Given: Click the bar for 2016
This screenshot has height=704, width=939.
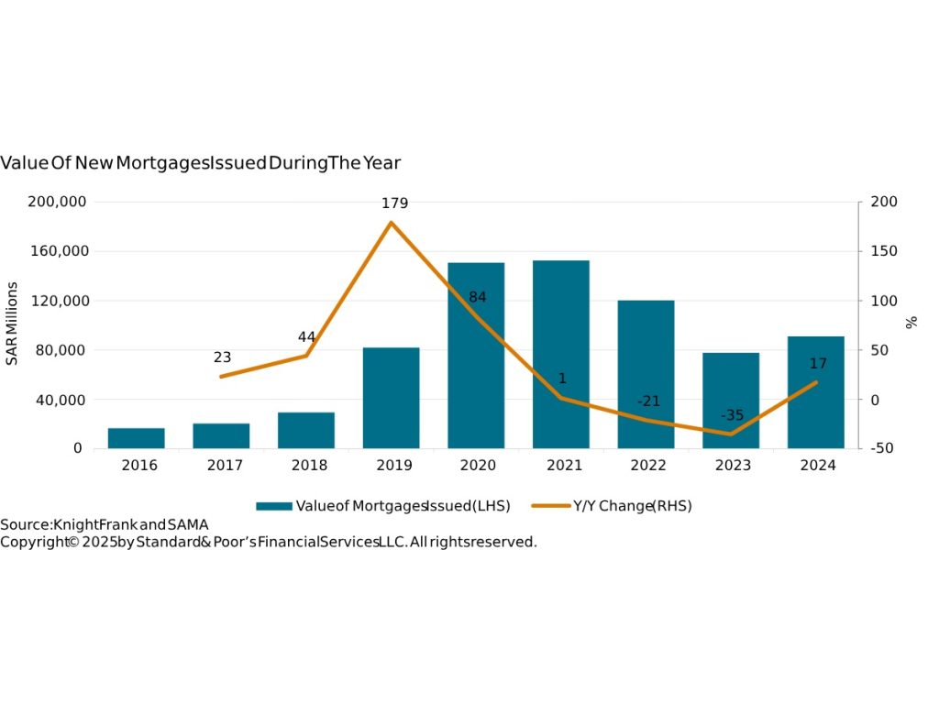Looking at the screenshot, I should click(x=136, y=438).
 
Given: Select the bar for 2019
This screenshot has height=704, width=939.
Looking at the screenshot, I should click(x=391, y=398).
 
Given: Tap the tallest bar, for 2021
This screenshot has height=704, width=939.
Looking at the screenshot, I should click(x=561, y=354).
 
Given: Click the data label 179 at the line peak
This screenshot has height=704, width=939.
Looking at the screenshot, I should click(x=395, y=203).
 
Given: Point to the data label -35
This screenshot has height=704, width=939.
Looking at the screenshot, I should click(x=732, y=415).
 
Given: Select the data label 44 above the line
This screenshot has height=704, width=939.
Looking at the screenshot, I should click(x=306, y=337).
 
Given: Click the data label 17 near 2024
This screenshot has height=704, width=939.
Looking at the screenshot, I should click(x=818, y=364).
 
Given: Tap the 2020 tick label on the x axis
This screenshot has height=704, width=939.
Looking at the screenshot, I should click(x=478, y=466).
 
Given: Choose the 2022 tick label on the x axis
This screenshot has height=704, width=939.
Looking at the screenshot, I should click(x=648, y=466).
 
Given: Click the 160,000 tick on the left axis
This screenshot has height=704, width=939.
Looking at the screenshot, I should click(x=59, y=251).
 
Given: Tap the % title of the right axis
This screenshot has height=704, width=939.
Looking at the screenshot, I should click(x=911, y=323).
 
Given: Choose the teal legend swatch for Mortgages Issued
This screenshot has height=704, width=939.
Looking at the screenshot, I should click(x=273, y=506).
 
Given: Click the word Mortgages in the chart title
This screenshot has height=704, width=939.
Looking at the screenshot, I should click(x=192, y=163).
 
